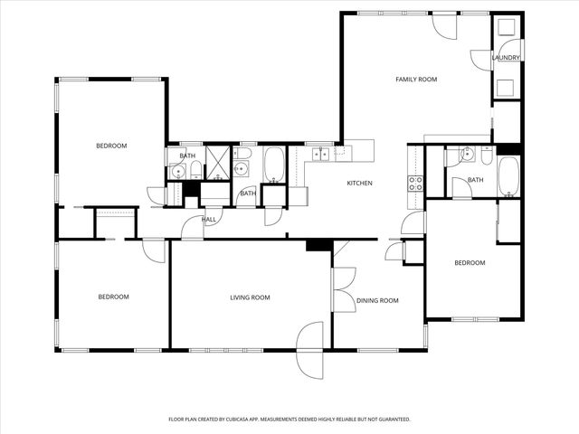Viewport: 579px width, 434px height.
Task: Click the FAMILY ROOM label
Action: pos(416,80)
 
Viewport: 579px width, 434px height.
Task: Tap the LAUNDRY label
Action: pos(506,58)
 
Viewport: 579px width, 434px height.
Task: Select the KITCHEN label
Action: pos(360,184)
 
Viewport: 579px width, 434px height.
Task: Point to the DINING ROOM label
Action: pos(377,300)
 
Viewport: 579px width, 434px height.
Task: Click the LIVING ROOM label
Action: pos(250,297)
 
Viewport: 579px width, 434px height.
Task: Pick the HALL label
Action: pos(209,220)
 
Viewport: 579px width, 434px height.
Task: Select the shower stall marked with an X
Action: pos(218,162)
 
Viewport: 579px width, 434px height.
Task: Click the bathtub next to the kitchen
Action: pos(274,165)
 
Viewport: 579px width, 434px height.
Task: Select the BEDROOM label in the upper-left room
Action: pos(112,146)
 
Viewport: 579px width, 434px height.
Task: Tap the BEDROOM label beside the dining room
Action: pos(470,263)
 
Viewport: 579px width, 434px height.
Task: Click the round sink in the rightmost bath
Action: pos(467,155)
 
